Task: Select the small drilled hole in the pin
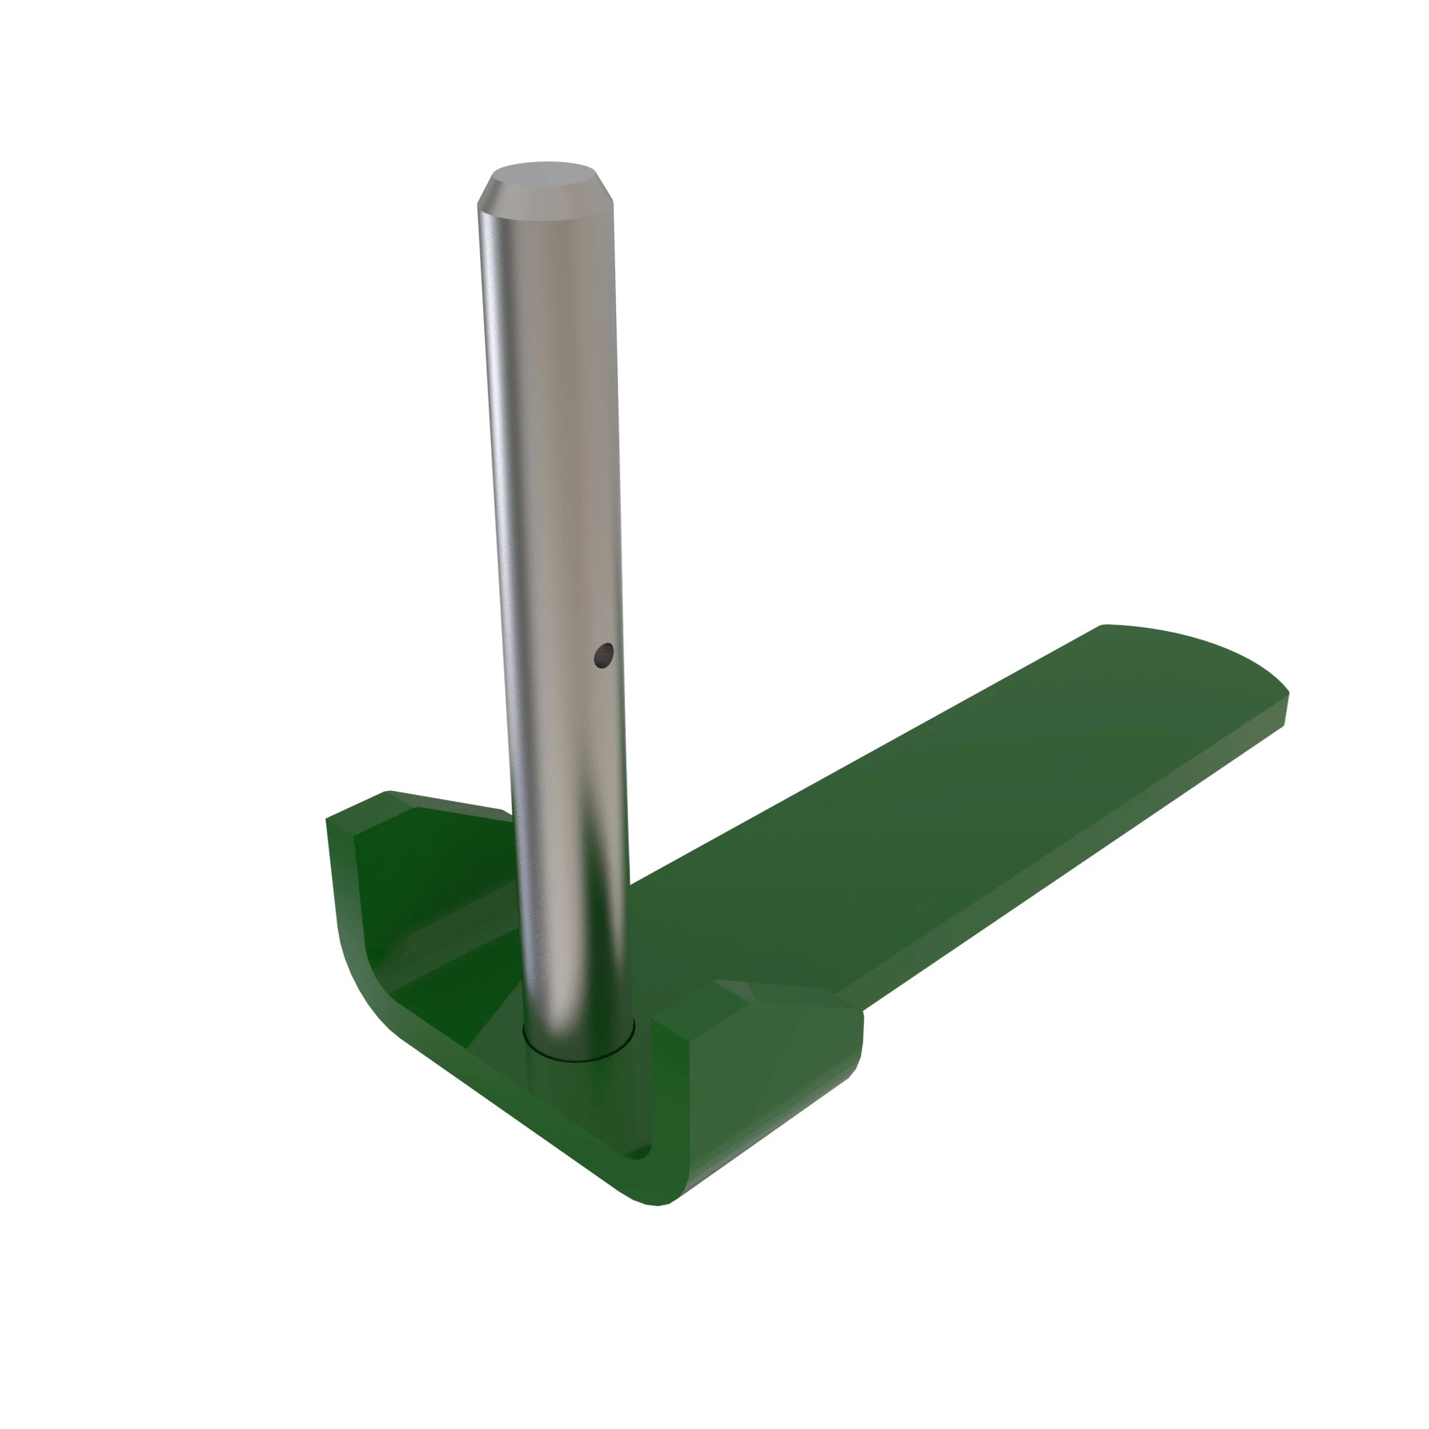click(x=604, y=654)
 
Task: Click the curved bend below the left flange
click(x=362, y=991)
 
